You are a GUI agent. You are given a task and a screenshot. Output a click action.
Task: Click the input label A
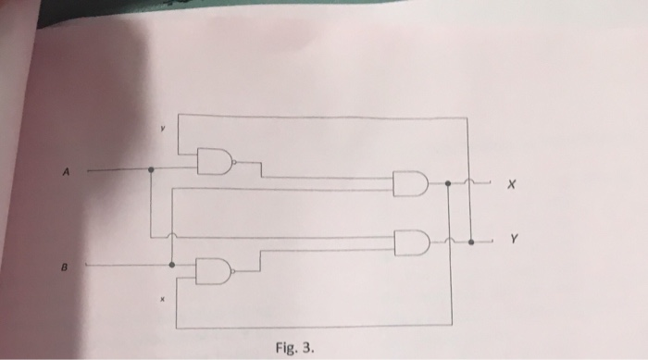66,170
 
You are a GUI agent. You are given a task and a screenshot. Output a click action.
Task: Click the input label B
66,265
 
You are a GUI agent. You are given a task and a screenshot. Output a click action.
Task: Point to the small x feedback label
161,300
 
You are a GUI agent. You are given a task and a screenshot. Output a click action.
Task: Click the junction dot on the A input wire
151,170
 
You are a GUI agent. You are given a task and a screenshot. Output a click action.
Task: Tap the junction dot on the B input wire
172,265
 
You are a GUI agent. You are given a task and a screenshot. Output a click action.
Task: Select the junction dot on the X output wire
448,184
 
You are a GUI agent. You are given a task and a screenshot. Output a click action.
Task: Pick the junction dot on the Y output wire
470,242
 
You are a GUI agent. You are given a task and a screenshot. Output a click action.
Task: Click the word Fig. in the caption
287,350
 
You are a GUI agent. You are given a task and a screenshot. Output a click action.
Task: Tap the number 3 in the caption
309,350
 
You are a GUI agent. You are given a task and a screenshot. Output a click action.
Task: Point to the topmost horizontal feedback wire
324,115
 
